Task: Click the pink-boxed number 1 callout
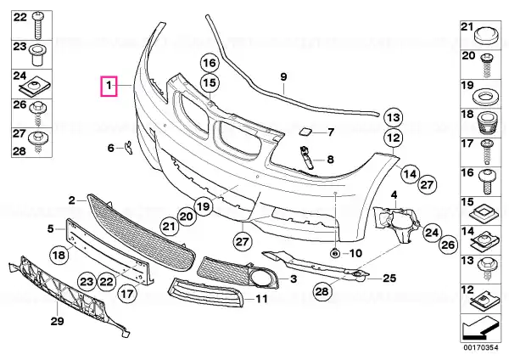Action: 109,86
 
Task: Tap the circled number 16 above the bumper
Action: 210,63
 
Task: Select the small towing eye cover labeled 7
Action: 305,132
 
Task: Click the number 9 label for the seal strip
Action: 283,77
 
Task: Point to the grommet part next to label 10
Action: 334,252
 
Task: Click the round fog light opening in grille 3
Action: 260,278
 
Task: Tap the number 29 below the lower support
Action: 57,321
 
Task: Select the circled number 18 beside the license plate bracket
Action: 59,255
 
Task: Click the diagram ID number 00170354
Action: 481,347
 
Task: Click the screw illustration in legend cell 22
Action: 38,25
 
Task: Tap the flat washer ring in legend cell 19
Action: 486,98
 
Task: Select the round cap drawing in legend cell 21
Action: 486,36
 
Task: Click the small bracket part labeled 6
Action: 129,147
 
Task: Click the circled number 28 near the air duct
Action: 322,291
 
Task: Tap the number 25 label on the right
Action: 389,278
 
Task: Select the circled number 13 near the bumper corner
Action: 393,117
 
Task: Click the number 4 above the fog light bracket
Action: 394,195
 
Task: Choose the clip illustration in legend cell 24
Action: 35,87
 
